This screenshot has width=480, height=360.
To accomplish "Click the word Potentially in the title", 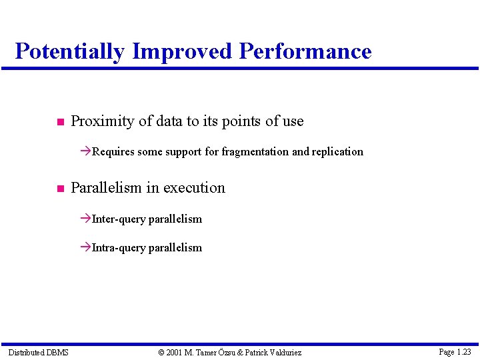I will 69,51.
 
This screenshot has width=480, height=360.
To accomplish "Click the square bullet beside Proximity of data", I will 59,122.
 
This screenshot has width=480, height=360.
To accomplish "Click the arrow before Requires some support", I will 85,152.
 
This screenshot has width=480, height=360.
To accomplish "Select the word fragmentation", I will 255,152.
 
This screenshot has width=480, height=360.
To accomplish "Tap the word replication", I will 338,152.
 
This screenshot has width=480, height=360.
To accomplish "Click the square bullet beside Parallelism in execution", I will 59,189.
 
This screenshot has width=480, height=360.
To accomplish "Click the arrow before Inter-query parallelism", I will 85,219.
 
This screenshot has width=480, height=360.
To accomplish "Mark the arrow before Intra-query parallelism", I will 85,247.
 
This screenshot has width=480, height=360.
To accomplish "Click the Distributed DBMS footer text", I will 38,352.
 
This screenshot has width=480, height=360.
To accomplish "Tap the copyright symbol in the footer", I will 161,352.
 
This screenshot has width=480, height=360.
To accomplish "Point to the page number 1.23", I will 464,351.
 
